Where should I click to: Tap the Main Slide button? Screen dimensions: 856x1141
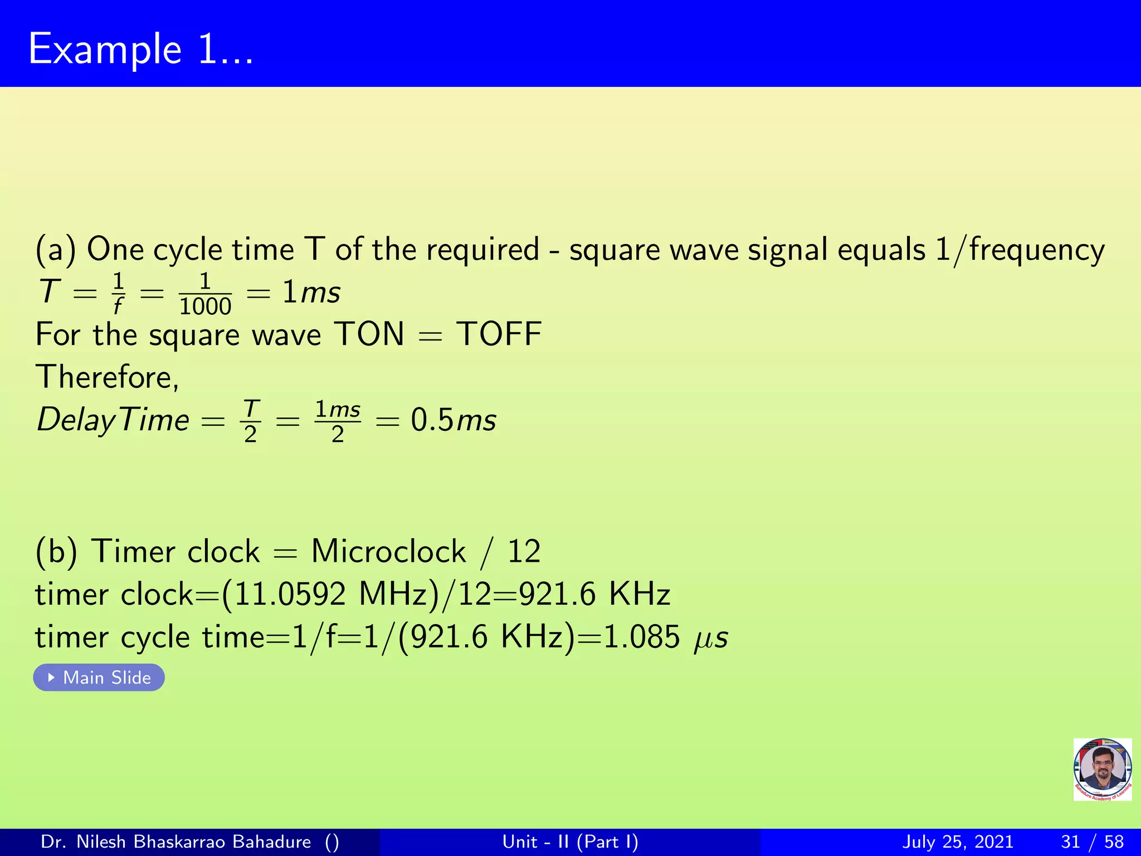pos(99,678)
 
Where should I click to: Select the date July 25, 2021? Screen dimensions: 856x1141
pos(957,842)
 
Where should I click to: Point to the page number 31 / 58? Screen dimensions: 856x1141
pos(1092,842)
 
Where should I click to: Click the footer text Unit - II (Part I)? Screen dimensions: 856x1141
pos(570,842)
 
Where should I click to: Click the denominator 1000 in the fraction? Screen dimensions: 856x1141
pos(205,307)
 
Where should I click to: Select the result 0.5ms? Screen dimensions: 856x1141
pos(453,420)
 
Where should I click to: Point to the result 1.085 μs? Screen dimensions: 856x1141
pos(665,637)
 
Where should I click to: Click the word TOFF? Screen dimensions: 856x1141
pos(499,334)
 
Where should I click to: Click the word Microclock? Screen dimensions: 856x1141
pos(388,552)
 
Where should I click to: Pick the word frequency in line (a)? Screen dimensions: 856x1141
pos(1036,250)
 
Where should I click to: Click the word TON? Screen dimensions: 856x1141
pos(369,334)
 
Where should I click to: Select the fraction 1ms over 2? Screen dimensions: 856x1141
pos(338,421)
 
